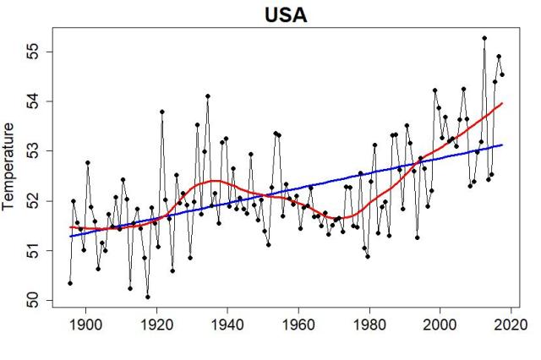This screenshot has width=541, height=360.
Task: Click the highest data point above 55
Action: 484,38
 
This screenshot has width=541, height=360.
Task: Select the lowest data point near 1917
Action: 147,297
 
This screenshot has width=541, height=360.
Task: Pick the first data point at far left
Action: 70,283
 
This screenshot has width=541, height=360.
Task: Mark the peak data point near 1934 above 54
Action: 207,96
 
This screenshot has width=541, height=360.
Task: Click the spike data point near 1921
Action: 161,112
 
